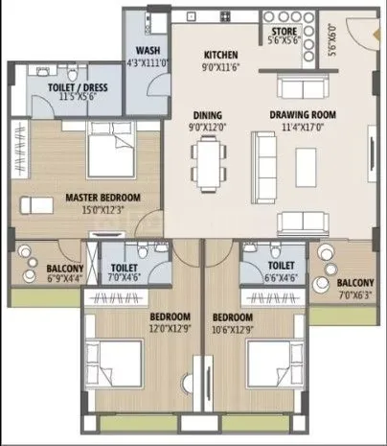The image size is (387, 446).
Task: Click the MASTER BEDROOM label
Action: pos(102,198)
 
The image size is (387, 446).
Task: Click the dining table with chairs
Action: pos(208,159)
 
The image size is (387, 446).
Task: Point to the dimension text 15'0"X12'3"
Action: pos(102,209)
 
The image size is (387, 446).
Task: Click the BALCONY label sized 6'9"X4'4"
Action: pos(39,269)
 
